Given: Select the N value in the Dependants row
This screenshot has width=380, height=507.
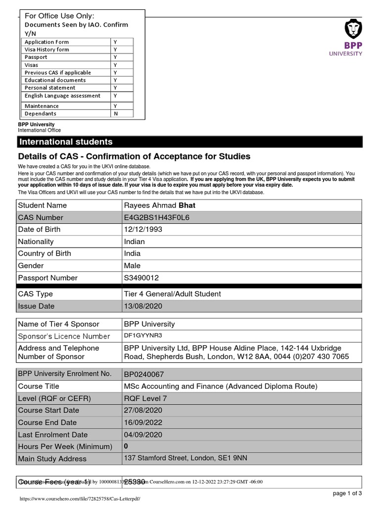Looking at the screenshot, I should [x=115, y=113].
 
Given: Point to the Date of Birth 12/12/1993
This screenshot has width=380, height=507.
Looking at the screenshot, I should [x=143, y=229].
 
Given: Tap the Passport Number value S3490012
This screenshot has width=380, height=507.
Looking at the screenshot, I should [x=141, y=278].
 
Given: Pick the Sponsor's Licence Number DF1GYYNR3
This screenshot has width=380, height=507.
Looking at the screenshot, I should [x=142, y=336].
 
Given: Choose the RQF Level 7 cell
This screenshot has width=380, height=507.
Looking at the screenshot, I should [x=146, y=398].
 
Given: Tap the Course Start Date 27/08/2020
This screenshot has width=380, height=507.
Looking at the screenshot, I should [x=143, y=410].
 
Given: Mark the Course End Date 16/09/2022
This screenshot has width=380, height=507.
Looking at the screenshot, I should [x=143, y=422].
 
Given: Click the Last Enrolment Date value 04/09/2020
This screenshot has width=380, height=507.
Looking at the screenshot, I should [x=143, y=435].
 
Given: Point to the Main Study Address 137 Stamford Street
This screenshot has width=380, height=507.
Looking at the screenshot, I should [x=185, y=458].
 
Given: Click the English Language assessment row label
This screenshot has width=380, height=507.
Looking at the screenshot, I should [x=62, y=96].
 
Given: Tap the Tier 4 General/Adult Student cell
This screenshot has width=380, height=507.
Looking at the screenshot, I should [x=172, y=294].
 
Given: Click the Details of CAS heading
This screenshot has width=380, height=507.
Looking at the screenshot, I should [x=134, y=156].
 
